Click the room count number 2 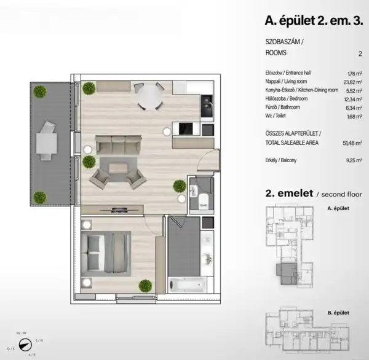coord(359,54)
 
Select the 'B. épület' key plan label coord(338,313)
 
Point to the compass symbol coord(25,345)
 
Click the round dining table coord(149,96)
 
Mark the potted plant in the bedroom coord(145,286)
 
